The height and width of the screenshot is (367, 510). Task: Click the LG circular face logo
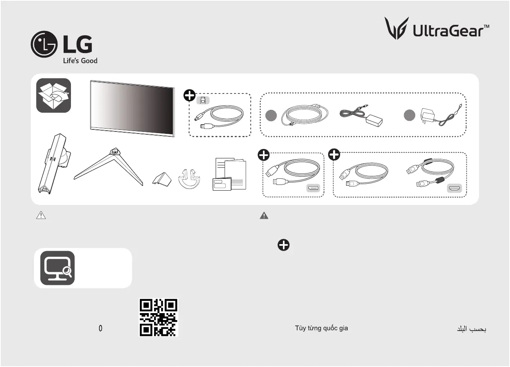coord(44,44)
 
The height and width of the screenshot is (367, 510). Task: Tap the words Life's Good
coord(80,61)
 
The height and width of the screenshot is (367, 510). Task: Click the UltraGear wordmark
coord(451,31)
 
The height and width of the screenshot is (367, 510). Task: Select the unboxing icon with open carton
coord(53,95)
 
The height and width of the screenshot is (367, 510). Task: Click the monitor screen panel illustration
coord(132,109)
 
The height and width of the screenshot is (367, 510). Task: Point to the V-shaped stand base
coord(108,167)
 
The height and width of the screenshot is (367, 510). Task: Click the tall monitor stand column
coord(54,164)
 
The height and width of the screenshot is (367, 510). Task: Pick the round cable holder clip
coord(189,179)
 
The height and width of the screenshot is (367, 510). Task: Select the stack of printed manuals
coord(229,174)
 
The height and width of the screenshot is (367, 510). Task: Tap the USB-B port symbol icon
coord(203,100)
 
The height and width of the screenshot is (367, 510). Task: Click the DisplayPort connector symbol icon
coord(313,188)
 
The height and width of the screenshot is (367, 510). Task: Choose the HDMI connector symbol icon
coord(455,188)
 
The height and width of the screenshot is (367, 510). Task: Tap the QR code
coord(159,318)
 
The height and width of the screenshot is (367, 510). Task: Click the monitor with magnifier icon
coord(57,268)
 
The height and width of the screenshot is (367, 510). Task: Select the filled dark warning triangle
coord(264,216)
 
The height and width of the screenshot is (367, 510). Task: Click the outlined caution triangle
coord(41,215)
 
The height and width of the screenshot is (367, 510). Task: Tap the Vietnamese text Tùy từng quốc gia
coord(322,328)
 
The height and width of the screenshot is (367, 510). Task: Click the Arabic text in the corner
coord(472,329)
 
